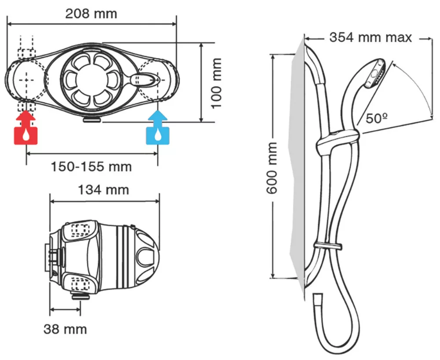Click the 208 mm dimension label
[x=91, y=14]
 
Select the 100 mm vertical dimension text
[x=215, y=83]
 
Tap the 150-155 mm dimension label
[x=92, y=167]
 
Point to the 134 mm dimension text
[x=103, y=190]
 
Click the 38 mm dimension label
[x=65, y=329]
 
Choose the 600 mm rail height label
[x=272, y=168]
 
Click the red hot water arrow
[x=26, y=118]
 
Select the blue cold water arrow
[x=158, y=118]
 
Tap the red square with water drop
[x=26, y=135]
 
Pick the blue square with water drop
[x=158, y=135]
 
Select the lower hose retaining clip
[x=328, y=245]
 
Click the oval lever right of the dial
[x=145, y=80]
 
